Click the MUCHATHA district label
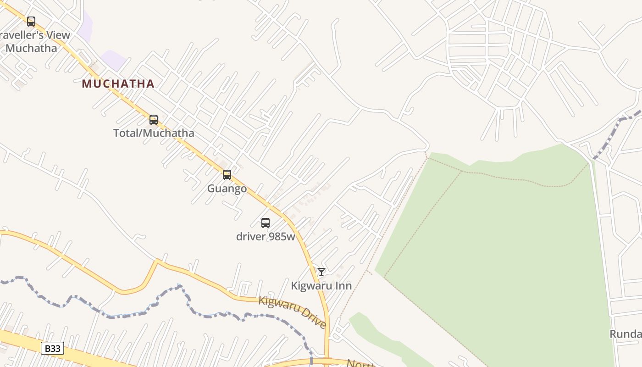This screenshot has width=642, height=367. click(118, 83)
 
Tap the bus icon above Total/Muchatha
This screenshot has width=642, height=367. click(154, 120)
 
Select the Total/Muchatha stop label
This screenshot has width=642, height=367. click(154, 133)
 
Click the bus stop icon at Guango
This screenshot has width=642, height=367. click(227, 175)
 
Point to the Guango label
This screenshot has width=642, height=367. click(227, 189)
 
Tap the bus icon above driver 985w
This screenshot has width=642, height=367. click(266, 223)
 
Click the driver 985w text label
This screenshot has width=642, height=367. click(266, 237)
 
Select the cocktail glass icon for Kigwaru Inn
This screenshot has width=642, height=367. click(321, 272)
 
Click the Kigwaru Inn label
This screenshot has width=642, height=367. click(321, 286)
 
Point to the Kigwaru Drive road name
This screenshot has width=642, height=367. click(293, 311)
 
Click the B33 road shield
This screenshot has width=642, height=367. click(52, 348)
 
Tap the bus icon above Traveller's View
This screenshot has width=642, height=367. click(31, 22)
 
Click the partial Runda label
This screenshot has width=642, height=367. click(625, 334)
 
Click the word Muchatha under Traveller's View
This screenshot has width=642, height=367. click(32, 48)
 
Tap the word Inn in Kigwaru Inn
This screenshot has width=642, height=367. click(343, 286)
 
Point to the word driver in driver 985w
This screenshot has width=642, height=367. click(251, 237)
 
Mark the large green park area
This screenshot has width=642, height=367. click(495, 257)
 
